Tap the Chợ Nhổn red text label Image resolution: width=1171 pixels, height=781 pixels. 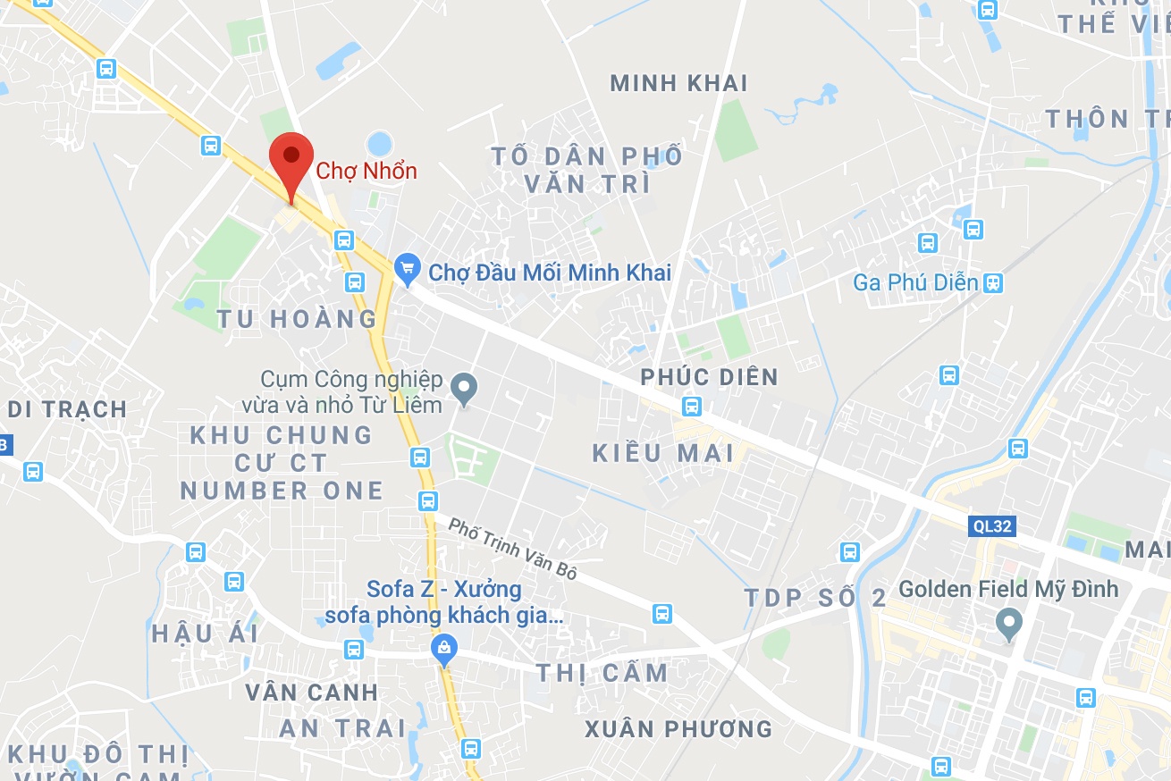tap(367, 170)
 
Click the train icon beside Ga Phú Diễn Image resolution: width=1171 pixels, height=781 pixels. tap(992, 283)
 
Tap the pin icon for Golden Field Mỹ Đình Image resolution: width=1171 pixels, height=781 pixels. tap(1009, 624)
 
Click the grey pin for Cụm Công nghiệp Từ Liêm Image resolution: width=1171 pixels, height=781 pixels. tap(463, 389)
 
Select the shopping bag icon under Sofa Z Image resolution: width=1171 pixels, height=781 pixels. tap(443, 650)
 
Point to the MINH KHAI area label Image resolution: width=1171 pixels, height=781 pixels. tap(678, 84)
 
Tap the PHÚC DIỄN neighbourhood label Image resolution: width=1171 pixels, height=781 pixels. tap(709, 377)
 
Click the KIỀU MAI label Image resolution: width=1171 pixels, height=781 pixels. tap(663, 452)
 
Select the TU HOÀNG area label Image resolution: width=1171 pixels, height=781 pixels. tap(297, 318)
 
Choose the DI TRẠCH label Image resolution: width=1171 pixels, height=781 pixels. tap(67, 409)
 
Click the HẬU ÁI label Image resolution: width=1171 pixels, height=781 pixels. tap(205, 634)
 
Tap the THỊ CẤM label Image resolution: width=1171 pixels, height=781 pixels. tap(602, 673)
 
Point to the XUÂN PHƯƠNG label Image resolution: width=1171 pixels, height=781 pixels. tap(678, 728)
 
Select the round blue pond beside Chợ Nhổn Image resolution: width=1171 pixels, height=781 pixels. tap(380, 143)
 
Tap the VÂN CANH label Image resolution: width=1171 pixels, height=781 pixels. tap(311, 692)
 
